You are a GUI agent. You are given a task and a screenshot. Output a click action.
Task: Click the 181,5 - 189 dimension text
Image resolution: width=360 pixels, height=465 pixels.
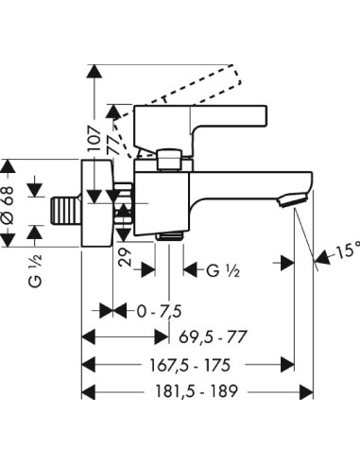point(197,391)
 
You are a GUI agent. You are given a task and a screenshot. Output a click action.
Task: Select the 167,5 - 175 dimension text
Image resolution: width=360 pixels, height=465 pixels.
point(190,366)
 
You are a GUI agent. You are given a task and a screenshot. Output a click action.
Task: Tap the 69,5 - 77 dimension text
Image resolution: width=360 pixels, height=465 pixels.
point(213,337)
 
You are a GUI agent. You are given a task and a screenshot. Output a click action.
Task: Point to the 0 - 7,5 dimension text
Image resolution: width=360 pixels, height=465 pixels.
point(159,312)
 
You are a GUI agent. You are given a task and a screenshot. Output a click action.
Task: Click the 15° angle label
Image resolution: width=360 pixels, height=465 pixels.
point(348,251)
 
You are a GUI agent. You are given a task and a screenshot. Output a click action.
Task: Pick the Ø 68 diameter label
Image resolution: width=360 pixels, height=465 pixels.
point(9,205)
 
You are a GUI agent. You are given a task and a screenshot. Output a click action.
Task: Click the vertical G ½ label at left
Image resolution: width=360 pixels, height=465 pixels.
point(35,270)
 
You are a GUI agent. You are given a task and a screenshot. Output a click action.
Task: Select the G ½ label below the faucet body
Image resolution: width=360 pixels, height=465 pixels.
point(223,270)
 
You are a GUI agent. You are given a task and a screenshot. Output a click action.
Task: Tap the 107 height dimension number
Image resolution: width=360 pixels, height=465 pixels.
point(94,138)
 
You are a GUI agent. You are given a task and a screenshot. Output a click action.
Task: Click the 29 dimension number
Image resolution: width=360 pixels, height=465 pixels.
point(126,257)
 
